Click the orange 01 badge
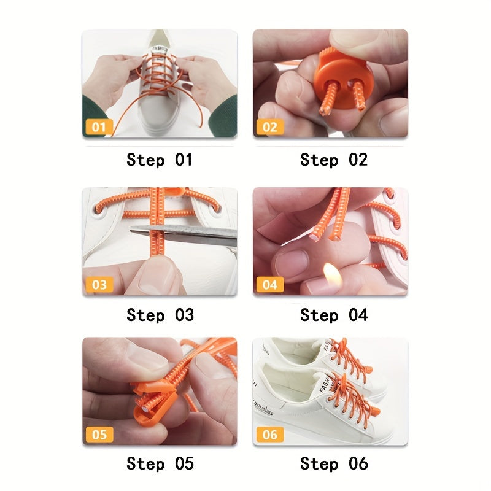tap(98, 128)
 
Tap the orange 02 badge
tap(269, 128)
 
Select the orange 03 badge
tap(98, 285)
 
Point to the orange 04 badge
tap(269, 285)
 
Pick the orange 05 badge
tap(98, 435)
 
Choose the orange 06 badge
tap(269, 435)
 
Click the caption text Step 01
tap(160, 160)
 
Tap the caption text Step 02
tap(333, 160)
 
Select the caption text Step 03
tap(160, 315)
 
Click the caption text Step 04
tap(333, 315)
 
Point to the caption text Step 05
tap(160, 463)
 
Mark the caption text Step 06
tap(333, 463)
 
